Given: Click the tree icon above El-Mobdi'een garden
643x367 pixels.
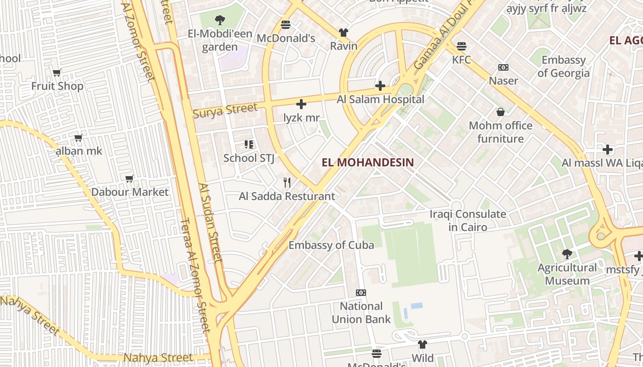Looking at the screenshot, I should [x=220, y=20].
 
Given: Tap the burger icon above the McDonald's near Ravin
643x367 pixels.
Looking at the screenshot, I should [x=286, y=24].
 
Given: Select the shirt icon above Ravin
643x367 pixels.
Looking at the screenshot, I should [x=344, y=33].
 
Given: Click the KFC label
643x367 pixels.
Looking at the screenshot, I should [x=462, y=60].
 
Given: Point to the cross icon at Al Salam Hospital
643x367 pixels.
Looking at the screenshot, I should [x=380, y=86].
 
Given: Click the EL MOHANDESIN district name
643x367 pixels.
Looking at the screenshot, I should [x=367, y=162].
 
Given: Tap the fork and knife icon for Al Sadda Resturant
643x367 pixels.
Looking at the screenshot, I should [x=287, y=183].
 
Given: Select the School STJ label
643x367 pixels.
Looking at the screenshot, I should [x=248, y=158].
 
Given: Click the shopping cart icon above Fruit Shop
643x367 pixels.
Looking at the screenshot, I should [x=57, y=72].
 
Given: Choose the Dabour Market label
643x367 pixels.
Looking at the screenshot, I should [x=130, y=192].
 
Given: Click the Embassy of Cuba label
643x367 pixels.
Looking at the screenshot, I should [x=331, y=245].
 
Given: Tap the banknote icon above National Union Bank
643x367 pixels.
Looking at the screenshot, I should [x=361, y=293].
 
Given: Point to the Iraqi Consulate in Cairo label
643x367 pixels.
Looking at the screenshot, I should [x=468, y=220].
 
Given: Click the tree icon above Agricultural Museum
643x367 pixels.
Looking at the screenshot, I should [x=567, y=254].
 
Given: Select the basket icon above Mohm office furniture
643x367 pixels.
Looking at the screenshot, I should [x=500, y=112].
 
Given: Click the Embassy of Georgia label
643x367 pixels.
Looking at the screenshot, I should [x=564, y=67].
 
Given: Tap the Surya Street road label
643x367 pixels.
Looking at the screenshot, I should [x=225, y=111].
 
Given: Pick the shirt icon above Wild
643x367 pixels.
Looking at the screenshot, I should [x=423, y=345].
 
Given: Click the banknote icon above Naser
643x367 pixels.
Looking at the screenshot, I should [x=503, y=67].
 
